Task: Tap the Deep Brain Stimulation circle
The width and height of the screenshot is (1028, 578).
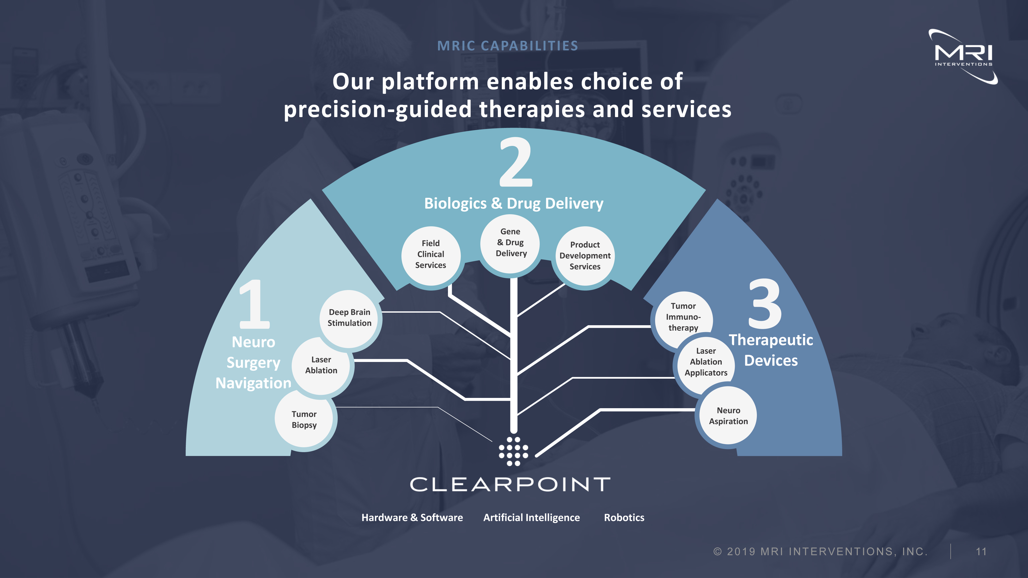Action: coord(350,318)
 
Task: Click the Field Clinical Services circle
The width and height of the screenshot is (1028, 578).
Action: coord(430,255)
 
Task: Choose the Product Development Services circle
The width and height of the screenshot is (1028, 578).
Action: coord(585,256)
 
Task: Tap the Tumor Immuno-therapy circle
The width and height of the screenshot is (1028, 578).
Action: coord(683,317)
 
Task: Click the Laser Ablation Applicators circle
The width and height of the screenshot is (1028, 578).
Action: coord(706,362)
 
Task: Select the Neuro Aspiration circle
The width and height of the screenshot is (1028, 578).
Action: coord(728,416)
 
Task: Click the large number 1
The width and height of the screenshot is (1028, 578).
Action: coord(254,304)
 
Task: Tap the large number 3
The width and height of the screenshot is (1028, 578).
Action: coord(765,303)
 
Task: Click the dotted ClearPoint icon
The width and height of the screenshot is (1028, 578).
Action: coord(513,451)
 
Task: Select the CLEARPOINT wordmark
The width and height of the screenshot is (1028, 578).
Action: coord(510,484)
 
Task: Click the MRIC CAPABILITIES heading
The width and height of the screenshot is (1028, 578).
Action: coord(508,46)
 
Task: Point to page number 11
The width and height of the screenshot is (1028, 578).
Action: coord(981,552)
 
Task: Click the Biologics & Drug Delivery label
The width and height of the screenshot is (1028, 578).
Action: coord(513,203)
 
